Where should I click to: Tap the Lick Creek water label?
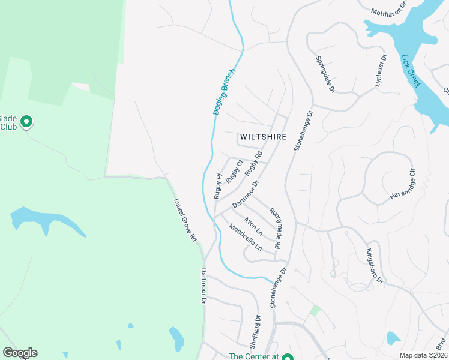(x=411, y=71)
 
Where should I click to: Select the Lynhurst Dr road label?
(x=380, y=71)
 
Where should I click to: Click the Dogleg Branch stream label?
(x=224, y=91)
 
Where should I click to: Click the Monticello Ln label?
(x=246, y=237)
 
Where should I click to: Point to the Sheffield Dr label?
(x=258, y=332)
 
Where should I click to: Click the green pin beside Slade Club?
(x=26, y=122)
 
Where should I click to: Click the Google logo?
(x=20, y=353)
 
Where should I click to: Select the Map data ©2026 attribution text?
(x=423, y=355)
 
